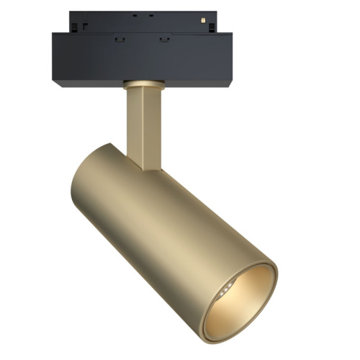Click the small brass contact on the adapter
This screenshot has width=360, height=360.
(x=204, y=16)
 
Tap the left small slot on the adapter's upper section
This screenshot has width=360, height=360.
(x=135, y=14)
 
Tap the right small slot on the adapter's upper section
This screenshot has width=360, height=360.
(x=151, y=14)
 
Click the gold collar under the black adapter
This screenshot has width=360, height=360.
(x=142, y=84)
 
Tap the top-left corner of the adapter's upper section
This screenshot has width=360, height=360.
(x=71, y=12)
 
